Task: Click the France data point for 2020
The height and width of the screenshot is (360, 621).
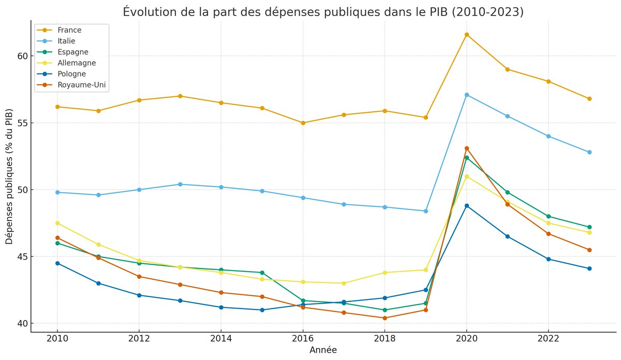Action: (x=466, y=35)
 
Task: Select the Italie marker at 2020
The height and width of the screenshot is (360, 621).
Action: (x=466, y=95)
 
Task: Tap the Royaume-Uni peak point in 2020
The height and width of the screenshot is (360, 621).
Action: (x=466, y=148)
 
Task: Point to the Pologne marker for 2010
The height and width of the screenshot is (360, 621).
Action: (x=57, y=263)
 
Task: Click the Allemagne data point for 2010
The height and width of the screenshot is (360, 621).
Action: (x=57, y=223)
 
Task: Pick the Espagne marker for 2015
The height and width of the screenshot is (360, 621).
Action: (x=262, y=273)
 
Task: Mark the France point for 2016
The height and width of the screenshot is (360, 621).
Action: (x=303, y=123)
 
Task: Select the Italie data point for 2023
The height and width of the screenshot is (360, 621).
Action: (x=589, y=152)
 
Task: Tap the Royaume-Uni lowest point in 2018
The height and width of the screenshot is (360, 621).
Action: (x=385, y=318)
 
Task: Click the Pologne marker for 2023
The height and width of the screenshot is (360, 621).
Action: (x=589, y=268)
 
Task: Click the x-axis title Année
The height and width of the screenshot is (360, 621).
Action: (x=323, y=350)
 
